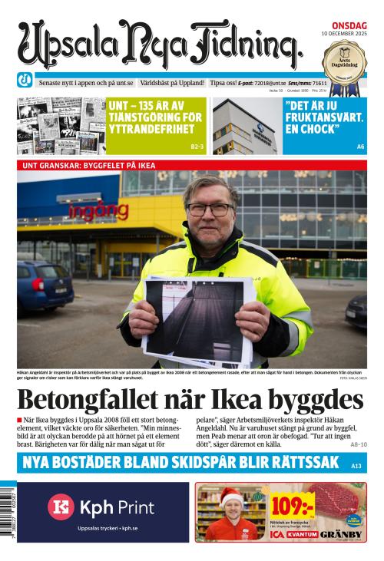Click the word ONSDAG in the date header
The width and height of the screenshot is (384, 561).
[x=349, y=25]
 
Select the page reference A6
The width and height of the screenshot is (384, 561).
[x=360, y=146]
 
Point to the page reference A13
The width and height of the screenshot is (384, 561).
[x=356, y=466]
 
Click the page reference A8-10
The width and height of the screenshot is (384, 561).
[x=358, y=444]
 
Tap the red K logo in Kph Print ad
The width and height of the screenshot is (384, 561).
[x=61, y=507]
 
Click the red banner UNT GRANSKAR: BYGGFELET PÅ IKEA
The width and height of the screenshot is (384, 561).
[x=92, y=164]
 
